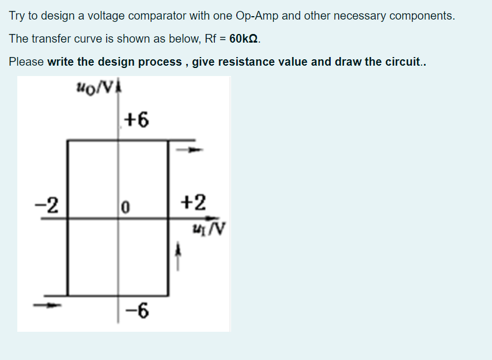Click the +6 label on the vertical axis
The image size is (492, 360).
(x=137, y=120)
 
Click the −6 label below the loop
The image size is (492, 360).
(x=137, y=311)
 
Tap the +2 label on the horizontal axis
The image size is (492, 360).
(x=194, y=202)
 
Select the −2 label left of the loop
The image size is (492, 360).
(x=47, y=205)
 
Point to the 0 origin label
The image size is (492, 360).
(x=125, y=207)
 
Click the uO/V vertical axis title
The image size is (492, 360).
(x=94, y=87)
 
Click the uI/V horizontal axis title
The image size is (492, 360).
(x=209, y=229)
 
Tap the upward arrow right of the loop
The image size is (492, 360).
(x=178, y=256)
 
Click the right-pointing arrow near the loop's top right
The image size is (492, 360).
(x=190, y=150)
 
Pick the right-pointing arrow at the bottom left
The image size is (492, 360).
(x=47, y=305)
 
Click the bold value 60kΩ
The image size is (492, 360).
(x=244, y=39)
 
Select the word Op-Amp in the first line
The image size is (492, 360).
(x=257, y=16)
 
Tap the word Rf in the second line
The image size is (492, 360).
(x=210, y=39)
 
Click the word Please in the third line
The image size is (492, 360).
(x=27, y=62)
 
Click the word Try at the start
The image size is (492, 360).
(x=17, y=16)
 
